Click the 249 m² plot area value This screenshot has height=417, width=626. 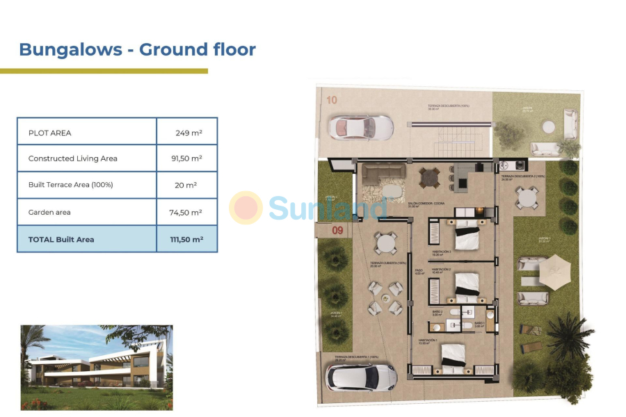click(187, 132)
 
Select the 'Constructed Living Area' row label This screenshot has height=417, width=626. click(72, 158)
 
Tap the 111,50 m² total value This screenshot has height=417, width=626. click(186, 239)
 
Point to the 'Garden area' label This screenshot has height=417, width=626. click(49, 212)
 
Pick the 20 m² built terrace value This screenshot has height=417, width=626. click(186, 185)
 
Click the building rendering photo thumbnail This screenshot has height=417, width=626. click(97, 367)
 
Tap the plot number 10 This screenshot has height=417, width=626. click(332, 100)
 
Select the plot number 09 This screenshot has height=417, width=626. click(337, 230)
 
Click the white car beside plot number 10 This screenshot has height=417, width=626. click(360, 126)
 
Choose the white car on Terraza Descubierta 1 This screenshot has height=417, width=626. click(361, 377)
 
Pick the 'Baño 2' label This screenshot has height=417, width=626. click(438, 312)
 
